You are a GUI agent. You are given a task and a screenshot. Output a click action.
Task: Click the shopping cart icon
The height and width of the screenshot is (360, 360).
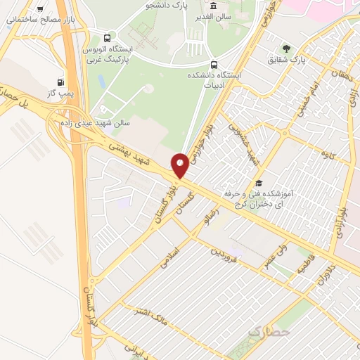pos(41,8)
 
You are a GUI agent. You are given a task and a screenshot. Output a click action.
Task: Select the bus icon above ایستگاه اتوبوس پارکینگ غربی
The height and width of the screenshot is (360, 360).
pos(106,38)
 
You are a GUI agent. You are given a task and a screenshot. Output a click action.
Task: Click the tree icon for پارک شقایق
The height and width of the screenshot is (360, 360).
pos(286,49)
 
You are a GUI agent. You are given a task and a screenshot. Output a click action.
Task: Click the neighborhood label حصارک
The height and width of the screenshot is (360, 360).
pos(270,330)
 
